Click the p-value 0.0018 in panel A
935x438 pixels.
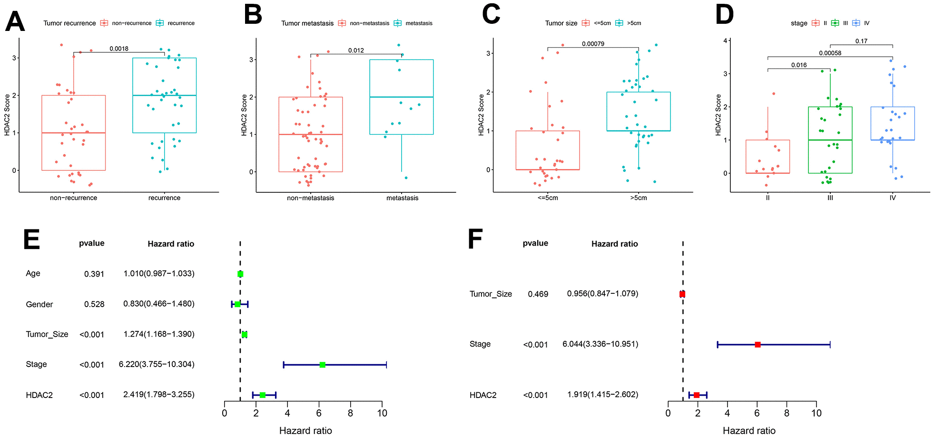point(119,49)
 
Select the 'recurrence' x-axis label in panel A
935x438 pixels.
point(164,198)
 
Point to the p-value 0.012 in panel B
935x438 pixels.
point(356,50)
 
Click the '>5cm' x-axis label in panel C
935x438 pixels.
point(638,198)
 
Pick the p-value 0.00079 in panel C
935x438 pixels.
point(593,44)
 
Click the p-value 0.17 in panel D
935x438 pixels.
point(861,41)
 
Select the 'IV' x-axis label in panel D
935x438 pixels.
point(893,198)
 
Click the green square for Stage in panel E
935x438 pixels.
point(323,365)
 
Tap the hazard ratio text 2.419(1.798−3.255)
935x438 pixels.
point(159,395)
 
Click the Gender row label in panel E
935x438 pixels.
point(39,304)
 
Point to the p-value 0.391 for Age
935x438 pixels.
point(94,274)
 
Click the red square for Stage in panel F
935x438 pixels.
point(758,344)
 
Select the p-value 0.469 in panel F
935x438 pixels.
point(538,294)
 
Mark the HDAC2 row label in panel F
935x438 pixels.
point(483,395)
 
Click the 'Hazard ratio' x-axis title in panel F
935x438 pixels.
point(749,430)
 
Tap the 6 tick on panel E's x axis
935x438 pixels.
point(319,413)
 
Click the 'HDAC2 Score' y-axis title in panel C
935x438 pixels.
point(481,115)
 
